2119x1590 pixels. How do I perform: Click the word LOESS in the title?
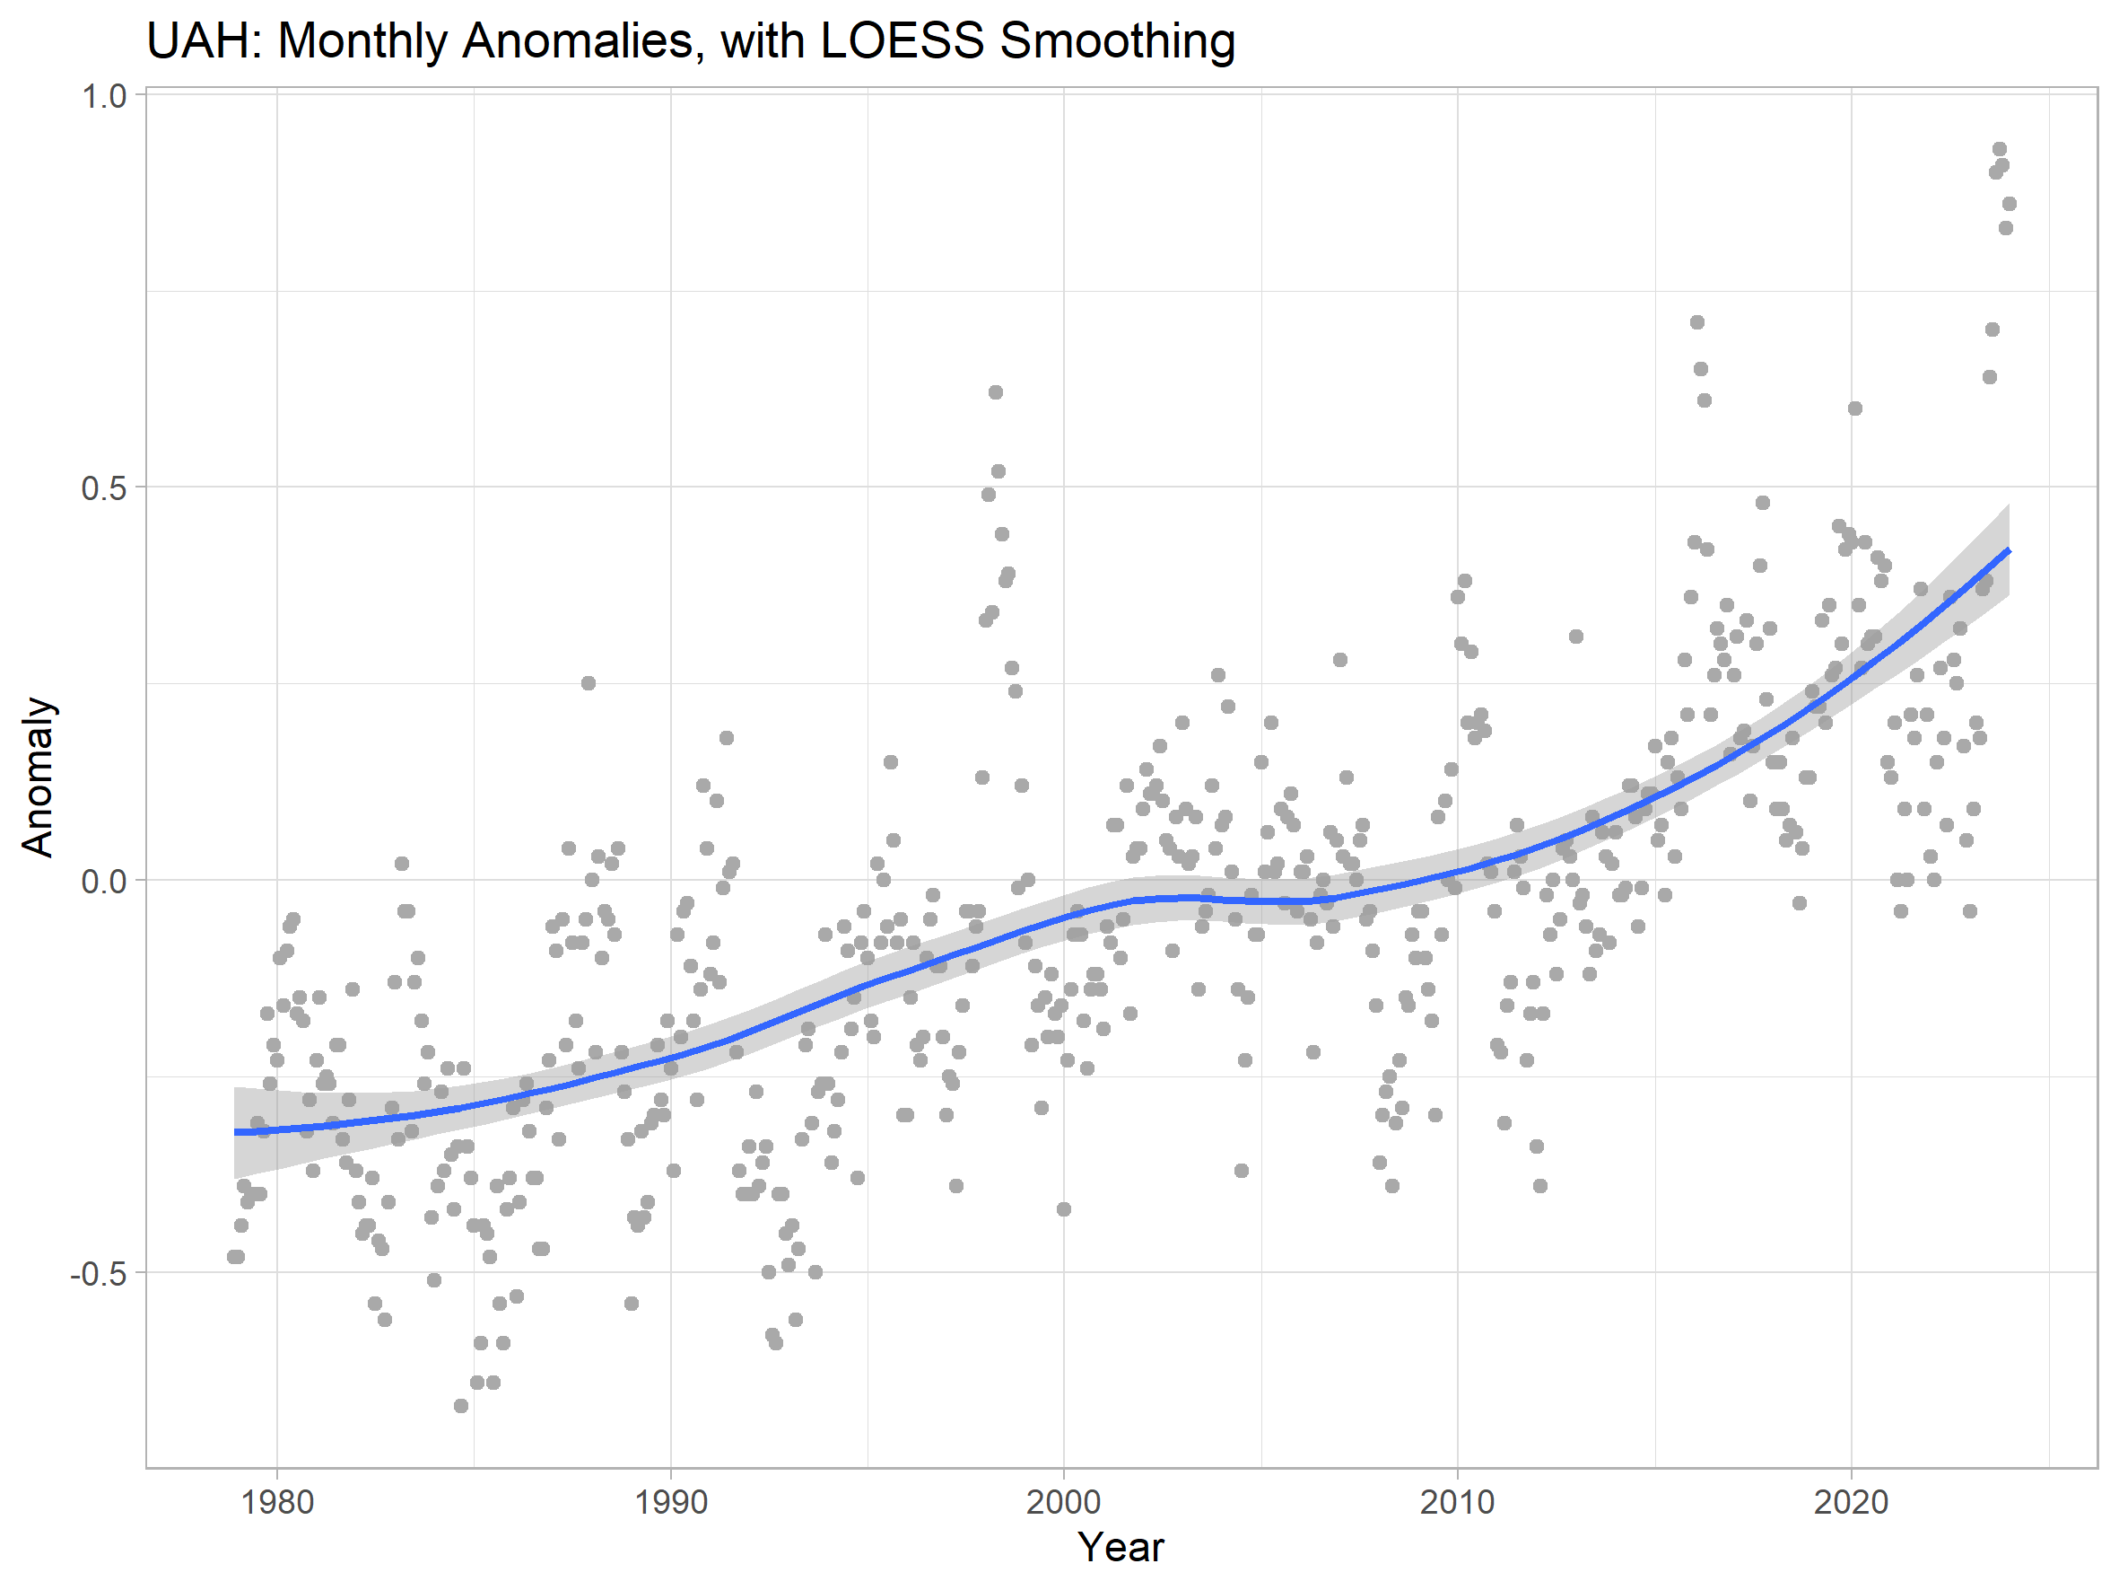903,41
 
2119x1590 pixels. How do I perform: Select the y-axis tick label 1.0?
103,96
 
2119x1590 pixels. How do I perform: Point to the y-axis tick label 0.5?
103,488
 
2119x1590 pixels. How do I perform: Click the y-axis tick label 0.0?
103,881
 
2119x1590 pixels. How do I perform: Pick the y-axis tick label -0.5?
98,1274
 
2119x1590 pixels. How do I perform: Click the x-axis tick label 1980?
277,1502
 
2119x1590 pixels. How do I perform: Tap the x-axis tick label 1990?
670,1502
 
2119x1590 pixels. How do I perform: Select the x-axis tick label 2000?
1063,1502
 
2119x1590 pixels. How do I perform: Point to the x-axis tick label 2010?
1457,1502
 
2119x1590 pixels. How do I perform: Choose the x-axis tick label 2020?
1851,1502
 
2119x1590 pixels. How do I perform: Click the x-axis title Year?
1121,1547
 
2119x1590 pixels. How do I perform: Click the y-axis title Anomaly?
39,777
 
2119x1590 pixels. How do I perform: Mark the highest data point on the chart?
2000,150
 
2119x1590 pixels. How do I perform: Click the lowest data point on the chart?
461,1406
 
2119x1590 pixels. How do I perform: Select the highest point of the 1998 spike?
995,392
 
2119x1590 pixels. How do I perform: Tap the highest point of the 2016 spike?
1697,322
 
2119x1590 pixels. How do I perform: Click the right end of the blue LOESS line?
2009,551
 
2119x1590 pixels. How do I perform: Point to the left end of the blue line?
236,1132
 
